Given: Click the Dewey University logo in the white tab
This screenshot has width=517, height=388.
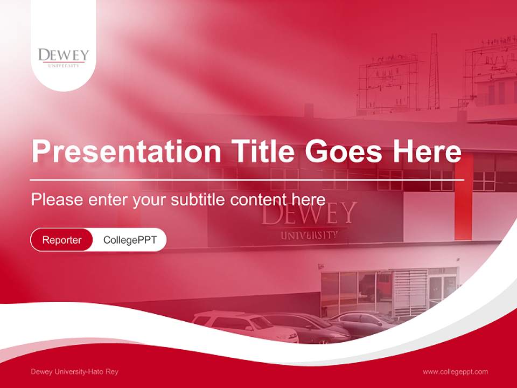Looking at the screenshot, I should click(x=64, y=57).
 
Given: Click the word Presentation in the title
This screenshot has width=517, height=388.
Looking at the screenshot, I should click(x=126, y=151).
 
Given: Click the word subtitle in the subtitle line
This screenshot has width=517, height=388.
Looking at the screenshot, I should click(x=198, y=199).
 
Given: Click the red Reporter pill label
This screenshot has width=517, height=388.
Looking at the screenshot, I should click(x=62, y=240).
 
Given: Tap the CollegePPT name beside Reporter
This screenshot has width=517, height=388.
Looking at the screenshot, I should click(x=130, y=240).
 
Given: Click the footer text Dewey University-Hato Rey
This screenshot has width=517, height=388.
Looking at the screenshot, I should click(x=74, y=372).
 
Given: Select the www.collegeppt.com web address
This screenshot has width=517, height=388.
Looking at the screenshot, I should click(x=455, y=372).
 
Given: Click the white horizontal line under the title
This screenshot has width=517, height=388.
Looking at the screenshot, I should click(x=247, y=179).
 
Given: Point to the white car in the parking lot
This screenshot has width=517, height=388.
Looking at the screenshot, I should click(x=244, y=325).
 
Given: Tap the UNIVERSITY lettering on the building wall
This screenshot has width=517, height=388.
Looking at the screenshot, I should click(x=309, y=235).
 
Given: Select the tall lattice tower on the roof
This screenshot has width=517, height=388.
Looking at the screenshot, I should click(x=434, y=73).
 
